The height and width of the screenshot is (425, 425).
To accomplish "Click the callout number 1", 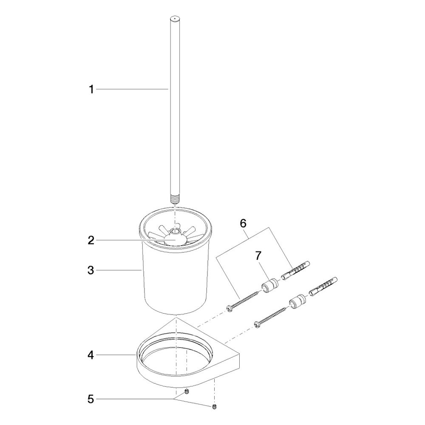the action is [92, 89].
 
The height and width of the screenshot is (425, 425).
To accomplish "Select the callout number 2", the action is [91, 240].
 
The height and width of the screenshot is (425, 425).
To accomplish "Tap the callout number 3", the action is [91, 270].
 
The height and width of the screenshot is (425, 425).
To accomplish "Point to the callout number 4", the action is [91, 355].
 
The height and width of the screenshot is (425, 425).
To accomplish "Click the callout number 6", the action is [243, 224].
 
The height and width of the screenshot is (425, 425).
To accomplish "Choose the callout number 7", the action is [258, 255].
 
